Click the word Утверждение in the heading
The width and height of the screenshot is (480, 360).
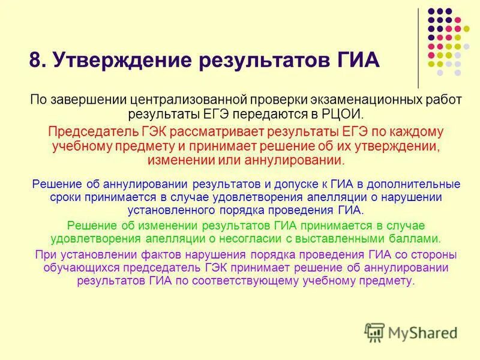117,61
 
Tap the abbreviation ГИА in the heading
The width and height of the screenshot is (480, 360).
353,61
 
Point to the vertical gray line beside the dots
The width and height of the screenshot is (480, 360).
418,48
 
